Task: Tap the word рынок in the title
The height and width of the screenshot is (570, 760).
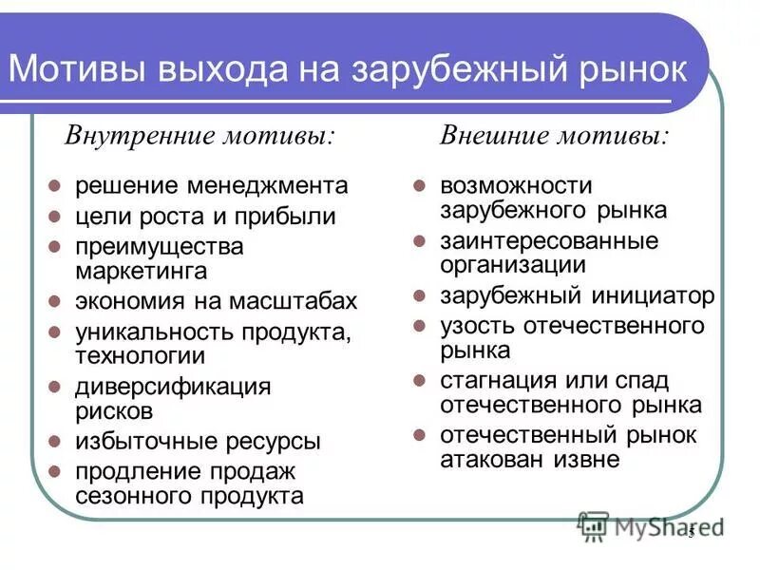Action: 627,70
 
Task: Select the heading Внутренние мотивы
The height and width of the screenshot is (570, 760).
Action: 199,136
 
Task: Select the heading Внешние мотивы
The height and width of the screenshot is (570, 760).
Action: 554,136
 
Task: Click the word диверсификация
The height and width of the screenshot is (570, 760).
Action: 174,387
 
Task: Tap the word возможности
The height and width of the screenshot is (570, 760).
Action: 516,185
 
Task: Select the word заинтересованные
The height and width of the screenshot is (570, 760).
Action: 549,240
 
